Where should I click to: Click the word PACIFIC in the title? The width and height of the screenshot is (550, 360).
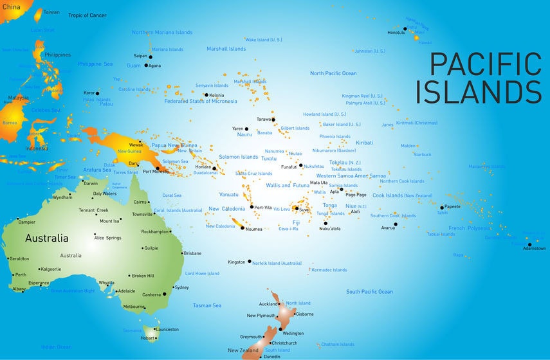click(485, 64)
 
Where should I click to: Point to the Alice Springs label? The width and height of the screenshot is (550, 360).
click(107, 238)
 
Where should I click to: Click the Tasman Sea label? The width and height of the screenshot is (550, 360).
click(207, 305)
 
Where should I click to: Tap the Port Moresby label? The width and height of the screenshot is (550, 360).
click(156, 172)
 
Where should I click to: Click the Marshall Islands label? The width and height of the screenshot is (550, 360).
click(226, 49)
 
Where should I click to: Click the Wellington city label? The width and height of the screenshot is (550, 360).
click(293, 333)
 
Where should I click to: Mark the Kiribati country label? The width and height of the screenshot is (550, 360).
click(364, 143)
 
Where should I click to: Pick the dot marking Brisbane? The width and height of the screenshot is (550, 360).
click(182, 253)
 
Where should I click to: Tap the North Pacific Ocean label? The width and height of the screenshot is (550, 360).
click(333, 73)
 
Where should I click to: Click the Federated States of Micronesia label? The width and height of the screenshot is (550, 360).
click(200, 101)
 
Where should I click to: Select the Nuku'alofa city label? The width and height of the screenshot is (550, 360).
click(329, 229)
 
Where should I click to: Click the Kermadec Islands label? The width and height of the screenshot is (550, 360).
click(329, 270)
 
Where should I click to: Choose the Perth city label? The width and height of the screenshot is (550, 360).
click(21, 274)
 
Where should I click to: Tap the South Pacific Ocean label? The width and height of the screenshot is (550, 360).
click(369, 292)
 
